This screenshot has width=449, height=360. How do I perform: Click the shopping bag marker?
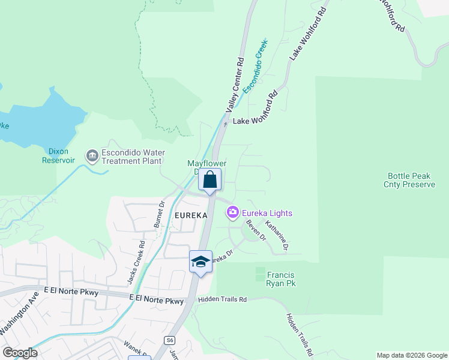(x=209, y=179)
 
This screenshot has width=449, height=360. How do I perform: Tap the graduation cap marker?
(x=200, y=262)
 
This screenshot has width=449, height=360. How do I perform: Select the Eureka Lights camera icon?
(x=232, y=212)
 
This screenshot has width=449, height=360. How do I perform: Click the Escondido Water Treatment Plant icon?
(x=92, y=157)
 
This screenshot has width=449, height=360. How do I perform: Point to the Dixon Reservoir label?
(x=59, y=157)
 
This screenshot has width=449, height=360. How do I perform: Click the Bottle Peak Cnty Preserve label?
(x=409, y=181)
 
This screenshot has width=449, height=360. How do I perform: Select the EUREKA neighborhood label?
(x=191, y=215)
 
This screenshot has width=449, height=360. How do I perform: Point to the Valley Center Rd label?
(x=235, y=85)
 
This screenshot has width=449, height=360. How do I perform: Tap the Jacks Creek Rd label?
(x=137, y=262)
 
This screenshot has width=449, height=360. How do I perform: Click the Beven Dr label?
(x=256, y=230)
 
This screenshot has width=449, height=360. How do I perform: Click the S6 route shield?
(x=170, y=340)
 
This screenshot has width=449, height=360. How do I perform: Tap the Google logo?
(x=20, y=353)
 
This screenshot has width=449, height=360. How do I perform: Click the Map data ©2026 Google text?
(x=412, y=355)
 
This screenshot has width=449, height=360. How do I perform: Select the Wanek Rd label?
(x=133, y=347)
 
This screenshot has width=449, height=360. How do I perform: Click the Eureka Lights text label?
(x=268, y=213)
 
